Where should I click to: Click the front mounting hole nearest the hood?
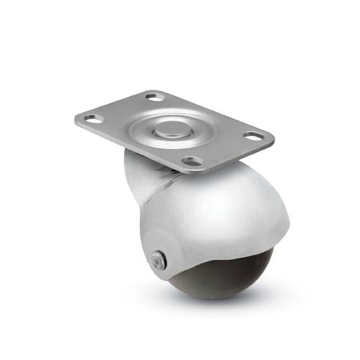[191, 161]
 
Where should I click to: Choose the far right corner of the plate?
[272, 138]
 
